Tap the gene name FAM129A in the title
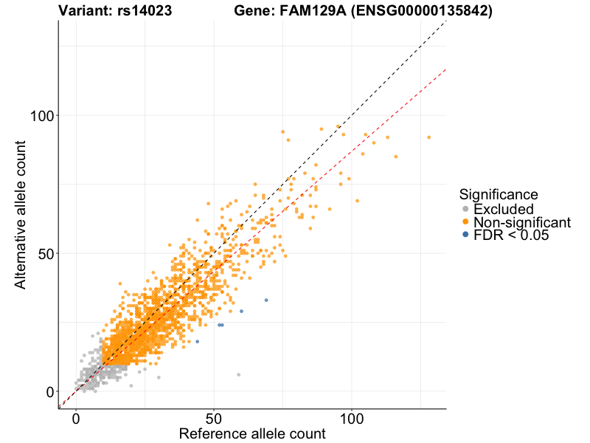[x=304, y=11]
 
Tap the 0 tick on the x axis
[x=76, y=418]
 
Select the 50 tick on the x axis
[x=214, y=418]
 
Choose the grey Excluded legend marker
[x=465, y=210]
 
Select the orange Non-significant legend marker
[x=465, y=222]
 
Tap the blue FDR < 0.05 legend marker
[x=465, y=235]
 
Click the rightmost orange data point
[x=428, y=137]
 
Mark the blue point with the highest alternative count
[x=266, y=300]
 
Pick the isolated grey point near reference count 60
[x=238, y=374]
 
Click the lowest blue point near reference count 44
[x=197, y=341]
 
